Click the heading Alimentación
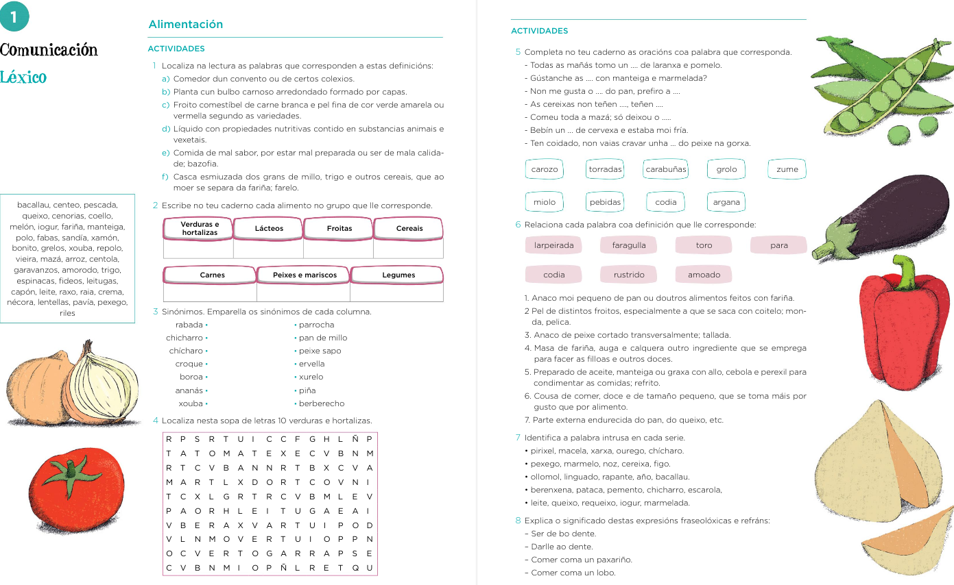coord(186,25)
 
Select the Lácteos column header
coord(269,229)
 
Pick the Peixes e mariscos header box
coord(305,275)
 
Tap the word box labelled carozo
coord(545,169)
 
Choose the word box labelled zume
coord(787,169)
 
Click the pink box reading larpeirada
coord(553,245)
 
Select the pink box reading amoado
coord(704,275)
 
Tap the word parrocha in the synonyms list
coord(316,325)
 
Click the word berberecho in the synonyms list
coord(322,403)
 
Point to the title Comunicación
coord(49,50)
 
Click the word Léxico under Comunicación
coord(24,77)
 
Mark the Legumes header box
coord(398,275)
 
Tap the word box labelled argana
coord(726,202)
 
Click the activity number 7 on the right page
coord(518,438)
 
